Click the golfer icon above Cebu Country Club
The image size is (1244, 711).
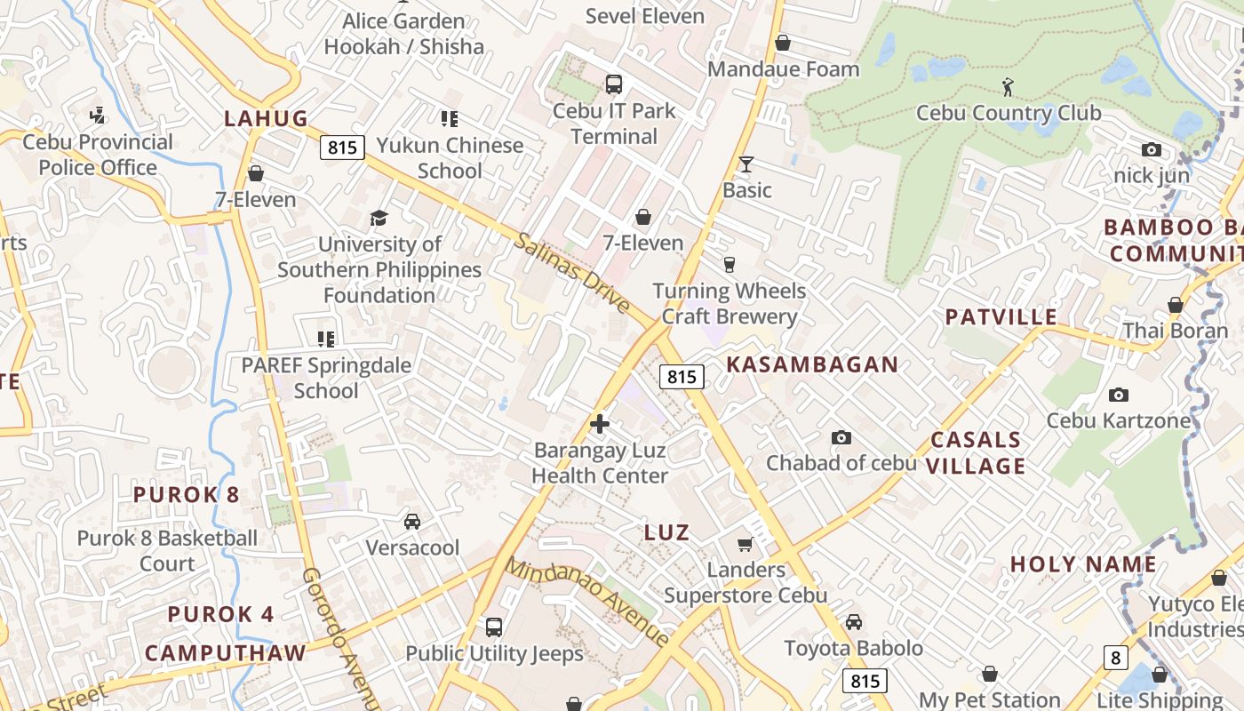[x=1008, y=87]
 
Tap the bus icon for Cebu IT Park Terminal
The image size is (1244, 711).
[x=613, y=84]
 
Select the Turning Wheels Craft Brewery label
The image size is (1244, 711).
[x=729, y=304]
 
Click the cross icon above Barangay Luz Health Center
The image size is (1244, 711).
[x=600, y=424]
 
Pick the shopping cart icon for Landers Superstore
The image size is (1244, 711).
[x=746, y=544]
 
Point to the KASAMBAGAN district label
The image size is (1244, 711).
[x=812, y=364]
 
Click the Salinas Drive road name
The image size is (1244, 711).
[x=571, y=274]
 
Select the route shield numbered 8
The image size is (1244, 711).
[x=1115, y=658]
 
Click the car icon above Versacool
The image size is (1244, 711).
[x=412, y=522]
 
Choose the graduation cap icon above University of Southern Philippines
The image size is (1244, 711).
[x=379, y=218]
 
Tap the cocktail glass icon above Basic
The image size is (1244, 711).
[x=746, y=164]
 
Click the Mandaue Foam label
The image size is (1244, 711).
[x=783, y=68]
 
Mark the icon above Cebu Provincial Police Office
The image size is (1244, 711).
[x=98, y=116]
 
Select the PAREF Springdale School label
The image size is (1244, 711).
[x=326, y=378]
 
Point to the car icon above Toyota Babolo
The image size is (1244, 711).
[x=853, y=622]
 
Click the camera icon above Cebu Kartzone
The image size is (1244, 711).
[x=1118, y=395]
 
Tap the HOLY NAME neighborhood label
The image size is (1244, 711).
[x=1083, y=564]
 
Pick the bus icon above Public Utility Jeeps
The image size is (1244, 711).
[x=494, y=627]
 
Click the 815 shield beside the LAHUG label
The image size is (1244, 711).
[x=342, y=148]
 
